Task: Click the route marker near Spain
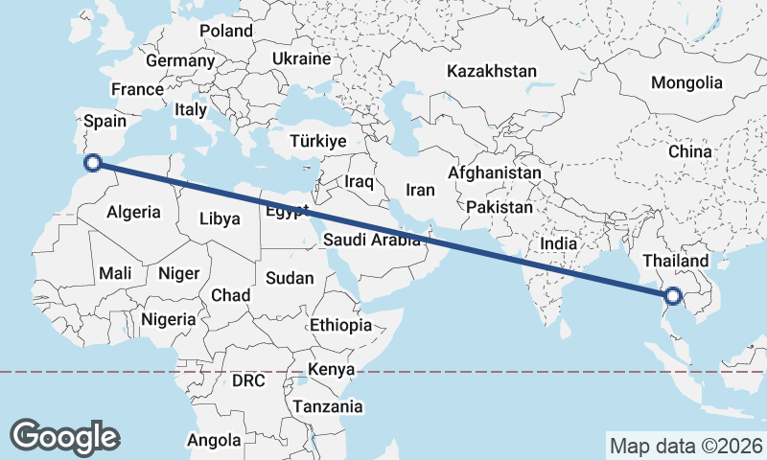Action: pyautogui.click(x=93, y=162)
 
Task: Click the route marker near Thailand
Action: pyautogui.click(x=673, y=297)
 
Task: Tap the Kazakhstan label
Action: pyautogui.click(x=492, y=71)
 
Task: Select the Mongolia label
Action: pyautogui.click(x=686, y=82)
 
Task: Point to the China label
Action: pyautogui.click(x=690, y=151)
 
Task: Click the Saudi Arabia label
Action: pyautogui.click(x=372, y=240)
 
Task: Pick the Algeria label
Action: pyautogui.click(x=133, y=213)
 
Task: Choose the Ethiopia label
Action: pyautogui.click(x=340, y=326)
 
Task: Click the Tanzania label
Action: pyautogui.click(x=329, y=406)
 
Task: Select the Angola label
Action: pyautogui.click(x=215, y=441)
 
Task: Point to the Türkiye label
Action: pyautogui.click(x=317, y=141)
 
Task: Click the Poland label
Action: pyautogui.click(x=226, y=31)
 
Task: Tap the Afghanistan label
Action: pyautogui.click(x=494, y=172)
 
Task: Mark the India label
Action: pyautogui.click(x=559, y=243)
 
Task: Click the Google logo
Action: pyautogui.click(x=64, y=436)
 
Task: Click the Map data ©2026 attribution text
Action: pyautogui.click(x=686, y=446)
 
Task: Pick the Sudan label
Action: pyautogui.click(x=290, y=278)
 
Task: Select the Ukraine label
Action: pyautogui.click(x=301, y=59)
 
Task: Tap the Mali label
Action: pyautogui.click(x=115, y=274)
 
